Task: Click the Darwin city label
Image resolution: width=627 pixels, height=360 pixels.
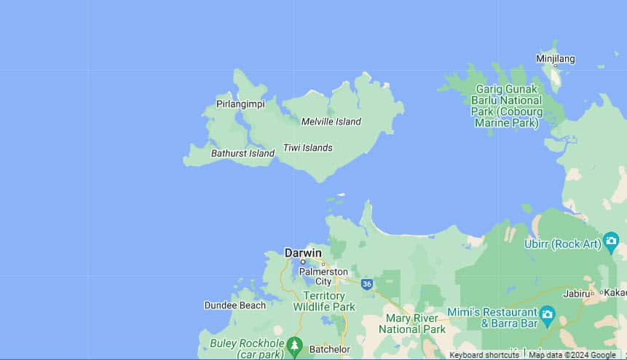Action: (x=303, y=253)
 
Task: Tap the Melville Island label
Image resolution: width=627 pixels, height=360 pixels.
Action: (x=331, y=122)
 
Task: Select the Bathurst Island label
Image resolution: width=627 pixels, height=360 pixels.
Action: (x=242, y=153)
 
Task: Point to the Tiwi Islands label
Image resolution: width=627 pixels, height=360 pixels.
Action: (x=307, y=147)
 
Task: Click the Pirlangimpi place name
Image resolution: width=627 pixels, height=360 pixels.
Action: (x=240, y=104)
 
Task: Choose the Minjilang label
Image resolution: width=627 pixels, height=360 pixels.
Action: (x=555, y=59)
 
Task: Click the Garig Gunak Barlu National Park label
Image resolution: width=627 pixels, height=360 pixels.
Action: (x=506, y=106)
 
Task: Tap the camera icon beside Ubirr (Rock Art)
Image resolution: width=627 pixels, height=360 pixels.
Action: (x=611, y=243)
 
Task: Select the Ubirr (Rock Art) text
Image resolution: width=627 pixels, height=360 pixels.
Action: (x=561, y=243)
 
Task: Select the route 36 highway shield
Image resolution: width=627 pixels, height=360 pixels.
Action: (x=367, y=283)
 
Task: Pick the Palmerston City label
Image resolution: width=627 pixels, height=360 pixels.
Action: (x=323, y=276)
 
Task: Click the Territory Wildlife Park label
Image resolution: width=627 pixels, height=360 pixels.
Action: (x=324, y=302)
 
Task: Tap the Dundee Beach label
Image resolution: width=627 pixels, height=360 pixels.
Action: (x=234, y=305)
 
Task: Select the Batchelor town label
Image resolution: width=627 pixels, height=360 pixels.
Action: (x=330, y=349)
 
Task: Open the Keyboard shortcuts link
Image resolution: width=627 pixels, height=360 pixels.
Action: (x=484, y=355)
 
